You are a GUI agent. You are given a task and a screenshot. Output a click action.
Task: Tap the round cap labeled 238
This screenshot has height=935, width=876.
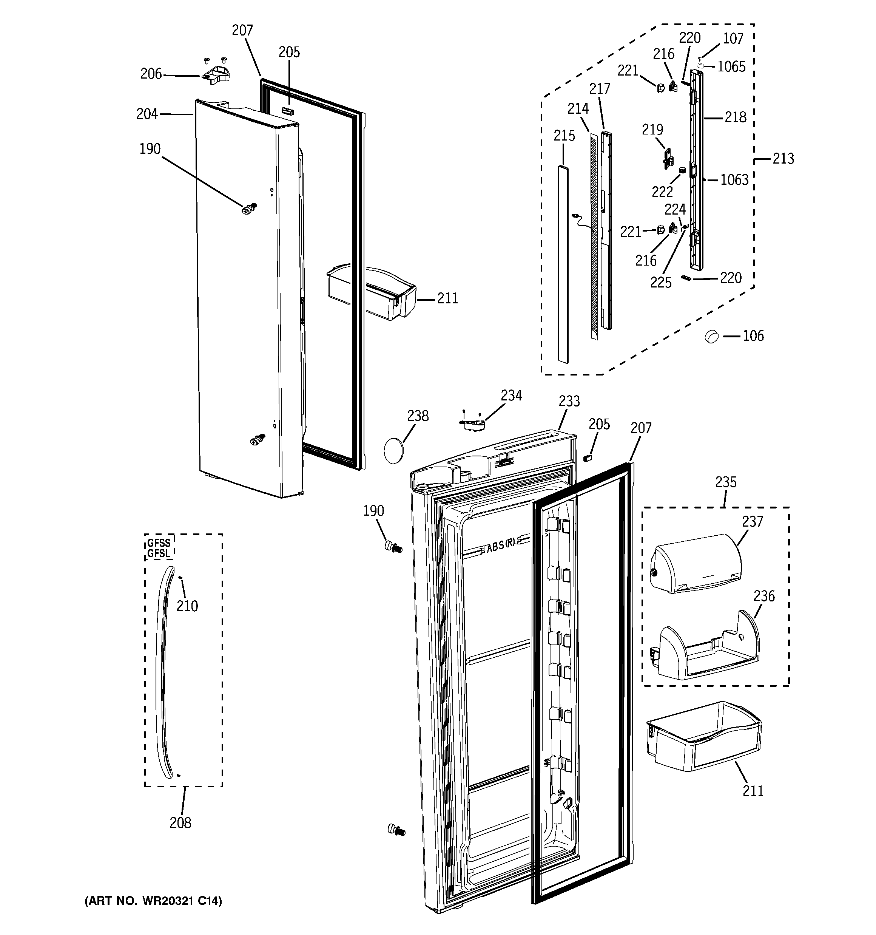(x=394, y=451)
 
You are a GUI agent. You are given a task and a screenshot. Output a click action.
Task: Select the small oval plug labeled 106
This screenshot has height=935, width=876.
(x=712, y=337)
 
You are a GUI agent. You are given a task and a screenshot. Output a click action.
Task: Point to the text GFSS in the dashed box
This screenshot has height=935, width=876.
(x=159, y=543)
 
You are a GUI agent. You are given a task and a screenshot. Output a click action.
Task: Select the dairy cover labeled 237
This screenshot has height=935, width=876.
(x=695, y=564)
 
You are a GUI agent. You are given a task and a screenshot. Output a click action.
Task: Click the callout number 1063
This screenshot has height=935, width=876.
(x=734, y=180)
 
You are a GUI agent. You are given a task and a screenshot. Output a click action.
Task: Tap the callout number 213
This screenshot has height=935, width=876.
(x=783, y=159)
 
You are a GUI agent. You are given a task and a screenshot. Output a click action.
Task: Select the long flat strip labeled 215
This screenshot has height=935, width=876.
(x=562, y=263)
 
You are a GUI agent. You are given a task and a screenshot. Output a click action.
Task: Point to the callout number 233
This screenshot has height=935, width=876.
(x=569, y=401)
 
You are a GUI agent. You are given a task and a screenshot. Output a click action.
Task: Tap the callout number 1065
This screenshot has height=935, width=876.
(x=731, y=67)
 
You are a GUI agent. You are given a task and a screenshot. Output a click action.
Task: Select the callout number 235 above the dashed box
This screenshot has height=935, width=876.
(x=726, y=482)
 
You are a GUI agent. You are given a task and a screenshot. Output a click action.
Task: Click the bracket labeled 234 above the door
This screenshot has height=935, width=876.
(x=472, y=425)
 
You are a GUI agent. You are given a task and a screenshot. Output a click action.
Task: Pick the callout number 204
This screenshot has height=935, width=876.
(x=147, y=114)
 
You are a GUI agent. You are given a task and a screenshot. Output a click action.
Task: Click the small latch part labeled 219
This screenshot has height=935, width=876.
(x=667, y=159)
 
